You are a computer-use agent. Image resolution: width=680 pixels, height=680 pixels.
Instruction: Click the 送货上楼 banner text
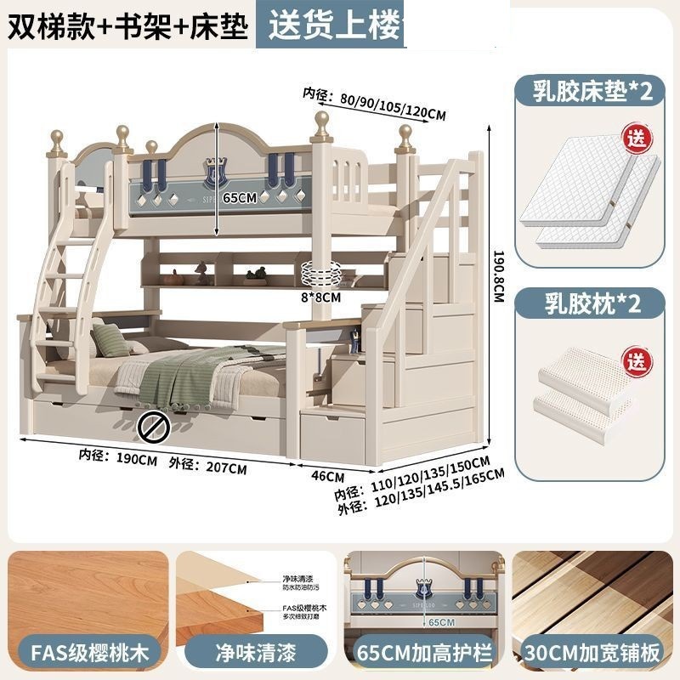point(333,25)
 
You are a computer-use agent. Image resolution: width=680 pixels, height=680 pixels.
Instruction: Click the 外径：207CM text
point(208,467)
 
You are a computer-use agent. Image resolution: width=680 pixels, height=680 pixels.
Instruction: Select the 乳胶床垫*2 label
point(593,91)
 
